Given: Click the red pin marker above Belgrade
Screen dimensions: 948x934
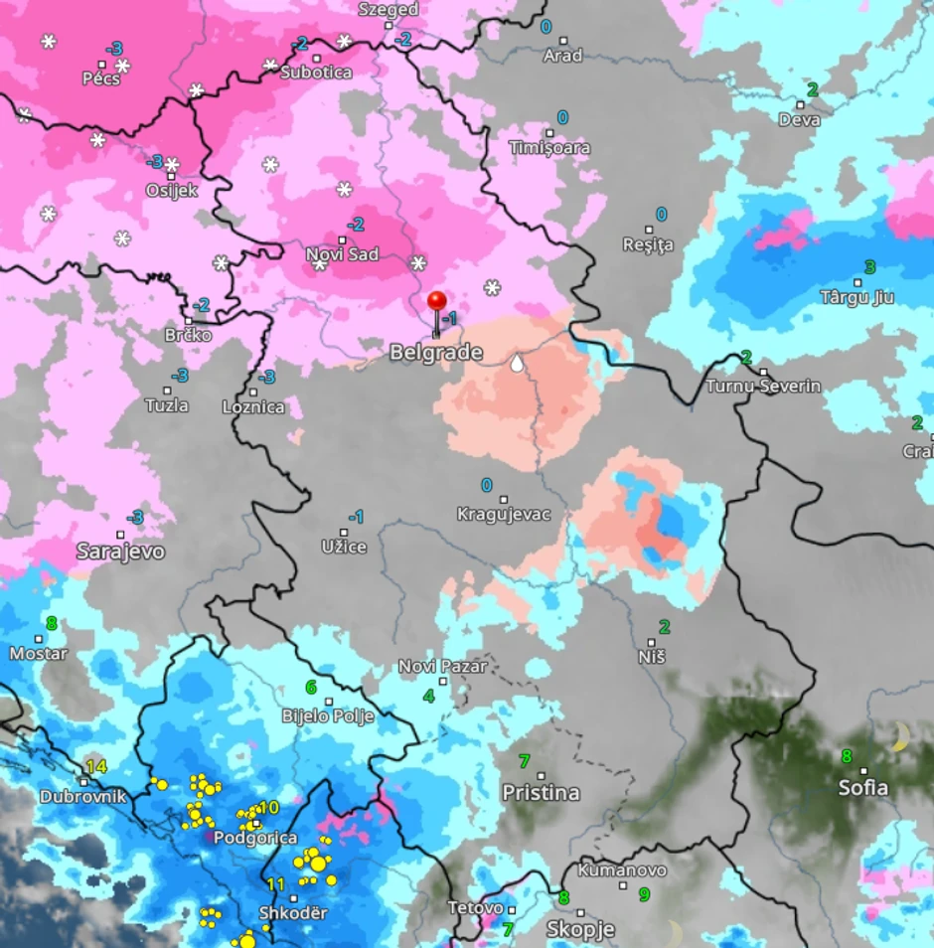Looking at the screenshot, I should click(x=437, y=302).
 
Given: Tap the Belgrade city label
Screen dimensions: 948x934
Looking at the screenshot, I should click(x=435, y=353).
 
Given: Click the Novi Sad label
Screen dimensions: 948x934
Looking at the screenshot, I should click(x=342, y=255).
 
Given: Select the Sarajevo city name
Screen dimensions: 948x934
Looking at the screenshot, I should click(x=120, y=552).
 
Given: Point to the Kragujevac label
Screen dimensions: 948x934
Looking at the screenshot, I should click(x=503, y=515).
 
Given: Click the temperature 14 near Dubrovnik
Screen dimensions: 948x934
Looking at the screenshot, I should click(x=95, y=766).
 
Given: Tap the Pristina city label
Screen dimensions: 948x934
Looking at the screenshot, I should click(x=541, y=793).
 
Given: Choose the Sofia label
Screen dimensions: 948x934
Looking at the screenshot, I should click(x=862, y=788).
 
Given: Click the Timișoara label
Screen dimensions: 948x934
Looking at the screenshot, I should click(x=549, y=148).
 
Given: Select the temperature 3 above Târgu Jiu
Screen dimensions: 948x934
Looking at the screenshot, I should click(x=870, y=267).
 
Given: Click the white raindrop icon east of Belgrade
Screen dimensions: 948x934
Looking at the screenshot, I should click(x=517, y=364).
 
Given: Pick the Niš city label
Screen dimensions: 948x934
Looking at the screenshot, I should click(x=652, y=657).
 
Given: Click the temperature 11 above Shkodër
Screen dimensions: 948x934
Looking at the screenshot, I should click(x=276, y=883).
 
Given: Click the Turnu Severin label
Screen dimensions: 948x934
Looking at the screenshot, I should click(x=763, y=387).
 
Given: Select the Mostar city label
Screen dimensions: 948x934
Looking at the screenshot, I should click(x=38, y=654).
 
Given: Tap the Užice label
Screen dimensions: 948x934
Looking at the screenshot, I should click(x=344, y=548).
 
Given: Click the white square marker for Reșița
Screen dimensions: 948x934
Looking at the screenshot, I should click(x=647, y=231).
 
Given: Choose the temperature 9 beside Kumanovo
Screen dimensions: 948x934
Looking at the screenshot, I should click(x=644, y=894).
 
